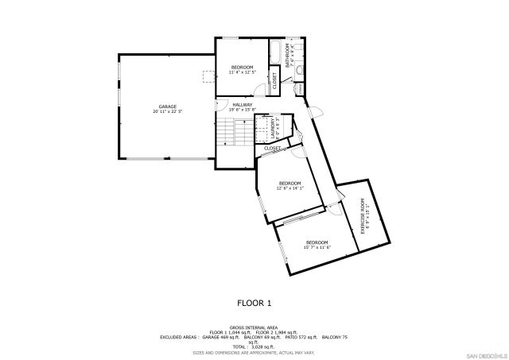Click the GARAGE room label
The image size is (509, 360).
(x=167, y=106)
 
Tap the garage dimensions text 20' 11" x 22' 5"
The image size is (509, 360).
(x=167, y=111)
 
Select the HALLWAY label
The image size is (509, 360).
(x=243, y=104)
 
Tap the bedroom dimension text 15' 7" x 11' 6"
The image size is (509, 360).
(x=317, y=247)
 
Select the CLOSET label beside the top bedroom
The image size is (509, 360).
(x=274, y=79)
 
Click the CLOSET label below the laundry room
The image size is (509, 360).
(x=272, y=148)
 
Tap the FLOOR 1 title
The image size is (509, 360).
(x=254, y=303)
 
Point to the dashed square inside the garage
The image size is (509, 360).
(x=209, y=76)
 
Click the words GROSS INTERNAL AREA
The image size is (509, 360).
(x=254, y=327)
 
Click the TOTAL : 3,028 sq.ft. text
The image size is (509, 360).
(x=254, y=346)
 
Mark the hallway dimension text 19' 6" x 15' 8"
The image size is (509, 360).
(x=243, y=110)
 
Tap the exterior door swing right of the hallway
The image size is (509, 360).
(x=313, y=112)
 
